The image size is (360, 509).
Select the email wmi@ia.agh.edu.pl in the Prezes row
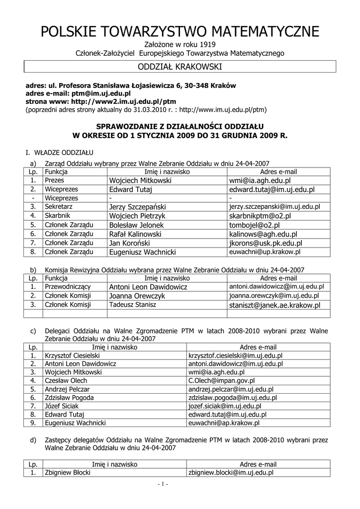coord(260,180)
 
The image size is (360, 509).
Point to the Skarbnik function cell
coord(58,216)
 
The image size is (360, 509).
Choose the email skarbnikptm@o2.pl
coord(260,216)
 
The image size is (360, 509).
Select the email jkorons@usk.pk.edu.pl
coord(266,243)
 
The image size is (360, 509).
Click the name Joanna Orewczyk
coord(137,296)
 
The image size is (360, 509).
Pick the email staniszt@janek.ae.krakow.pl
coord(274,305)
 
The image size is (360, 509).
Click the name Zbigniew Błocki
coord(68,473)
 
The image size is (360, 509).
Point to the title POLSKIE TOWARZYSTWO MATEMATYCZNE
coord(180,32)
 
